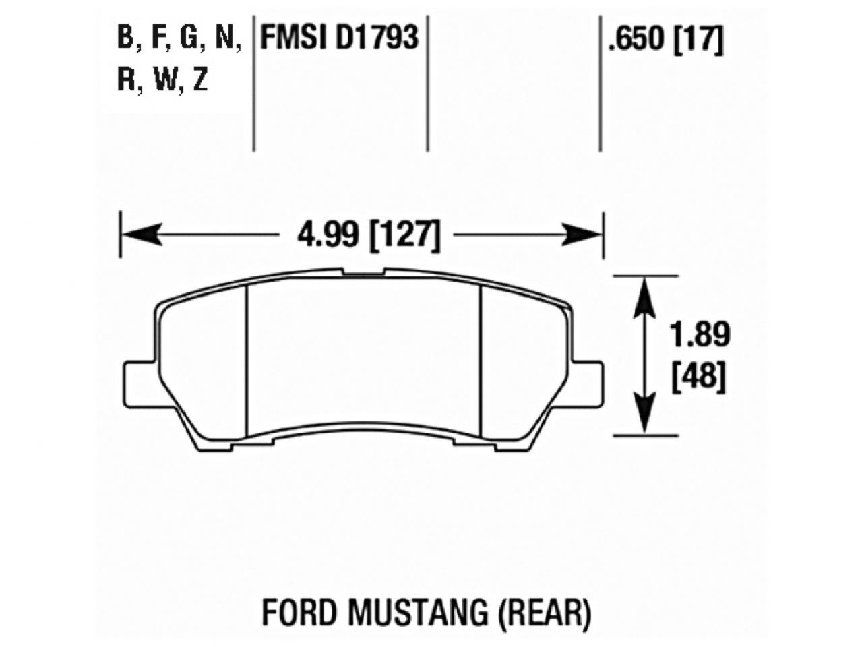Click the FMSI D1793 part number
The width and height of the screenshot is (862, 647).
(x=340, y=38)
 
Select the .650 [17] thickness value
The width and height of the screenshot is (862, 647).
(x=665, y=40)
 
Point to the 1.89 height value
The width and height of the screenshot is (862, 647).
(x=700, y=335)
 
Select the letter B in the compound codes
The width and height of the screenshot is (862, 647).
(x=125, y=38)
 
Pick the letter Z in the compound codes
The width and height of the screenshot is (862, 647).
(x=199, y=81)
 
